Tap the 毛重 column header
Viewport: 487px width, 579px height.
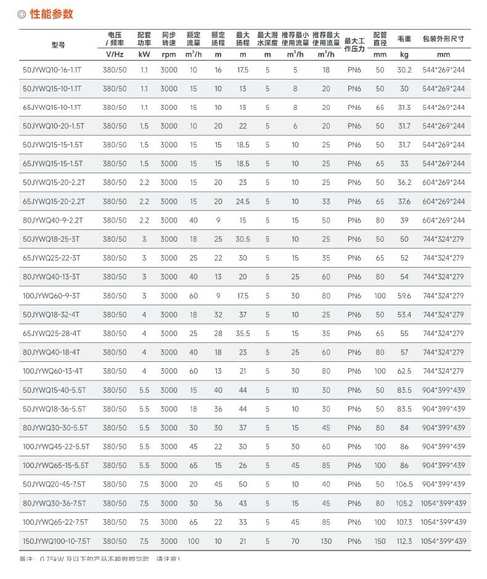tap(404, 39)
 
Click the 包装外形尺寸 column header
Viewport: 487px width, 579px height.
tap(443, 39)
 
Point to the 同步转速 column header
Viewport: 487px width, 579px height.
tap(169, 39)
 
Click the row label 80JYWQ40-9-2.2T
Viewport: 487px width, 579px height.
tap(52, 221)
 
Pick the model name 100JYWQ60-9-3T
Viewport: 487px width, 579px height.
tap(52, 296)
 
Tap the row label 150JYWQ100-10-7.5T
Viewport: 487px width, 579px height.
tap(56, 541)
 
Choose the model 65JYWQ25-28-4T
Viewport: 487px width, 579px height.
tap(52, 334)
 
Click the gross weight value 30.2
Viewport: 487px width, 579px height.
tap(404, 70)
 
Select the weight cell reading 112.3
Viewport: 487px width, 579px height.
tap(404, 541)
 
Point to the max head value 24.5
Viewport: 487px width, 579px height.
tap(243, 202)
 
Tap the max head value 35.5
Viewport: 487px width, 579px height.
tap(243, 334)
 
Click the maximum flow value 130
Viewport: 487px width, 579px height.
tap(325, 541)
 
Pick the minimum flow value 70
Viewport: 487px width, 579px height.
tap(295, 541)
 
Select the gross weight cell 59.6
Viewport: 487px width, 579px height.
tap(404, 296)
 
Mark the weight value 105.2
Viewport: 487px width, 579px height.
tap(404, 504)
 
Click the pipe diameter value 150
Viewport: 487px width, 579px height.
tap(380, 541)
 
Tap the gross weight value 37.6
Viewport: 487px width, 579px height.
tap(404, 202)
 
